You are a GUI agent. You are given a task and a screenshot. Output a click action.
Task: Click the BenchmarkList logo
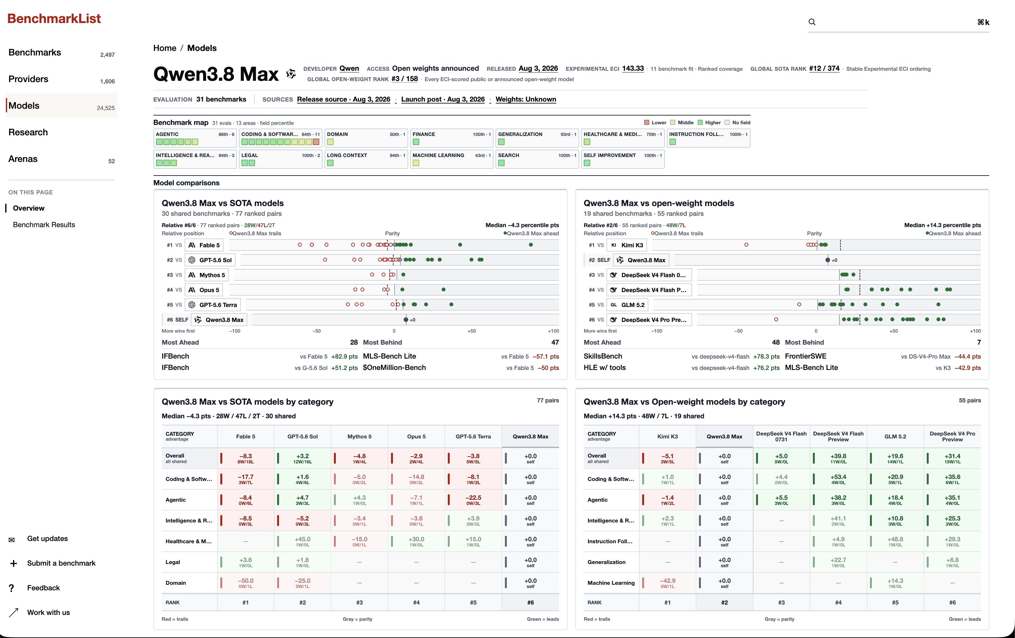54,18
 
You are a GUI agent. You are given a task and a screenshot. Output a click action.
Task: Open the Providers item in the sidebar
28,79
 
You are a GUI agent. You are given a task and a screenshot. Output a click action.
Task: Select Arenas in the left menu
23,159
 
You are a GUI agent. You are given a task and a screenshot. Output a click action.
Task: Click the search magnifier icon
812,22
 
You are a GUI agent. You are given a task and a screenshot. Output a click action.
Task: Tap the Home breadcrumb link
165,48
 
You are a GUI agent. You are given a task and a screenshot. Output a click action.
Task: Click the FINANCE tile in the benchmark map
451,138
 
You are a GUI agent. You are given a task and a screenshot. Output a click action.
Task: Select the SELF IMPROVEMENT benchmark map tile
623,159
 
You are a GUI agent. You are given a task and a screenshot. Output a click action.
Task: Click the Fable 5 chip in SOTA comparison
204,245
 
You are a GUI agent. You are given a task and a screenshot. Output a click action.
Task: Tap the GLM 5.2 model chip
627,305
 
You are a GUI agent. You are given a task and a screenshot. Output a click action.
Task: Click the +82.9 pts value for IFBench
344,356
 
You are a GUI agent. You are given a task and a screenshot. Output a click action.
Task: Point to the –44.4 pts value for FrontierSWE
967,356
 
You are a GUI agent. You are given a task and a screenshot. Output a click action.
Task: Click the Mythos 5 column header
359,436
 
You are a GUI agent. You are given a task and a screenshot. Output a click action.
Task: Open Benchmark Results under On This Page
44,225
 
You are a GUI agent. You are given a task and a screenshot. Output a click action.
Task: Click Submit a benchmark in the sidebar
61,563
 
